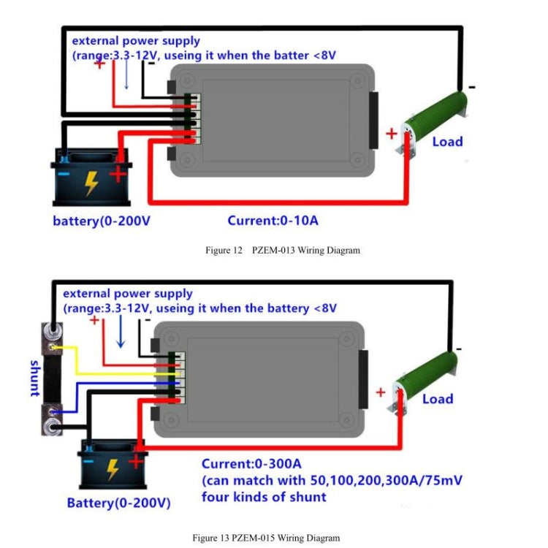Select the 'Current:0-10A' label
(273, 221)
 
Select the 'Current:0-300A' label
(251, 464)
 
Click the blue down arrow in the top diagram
(126, 75)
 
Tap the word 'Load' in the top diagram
(447, 141)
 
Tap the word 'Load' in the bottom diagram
(438, 399)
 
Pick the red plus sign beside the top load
(392, 134)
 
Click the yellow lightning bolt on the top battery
(91, 183)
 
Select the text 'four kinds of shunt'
(264, 498)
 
